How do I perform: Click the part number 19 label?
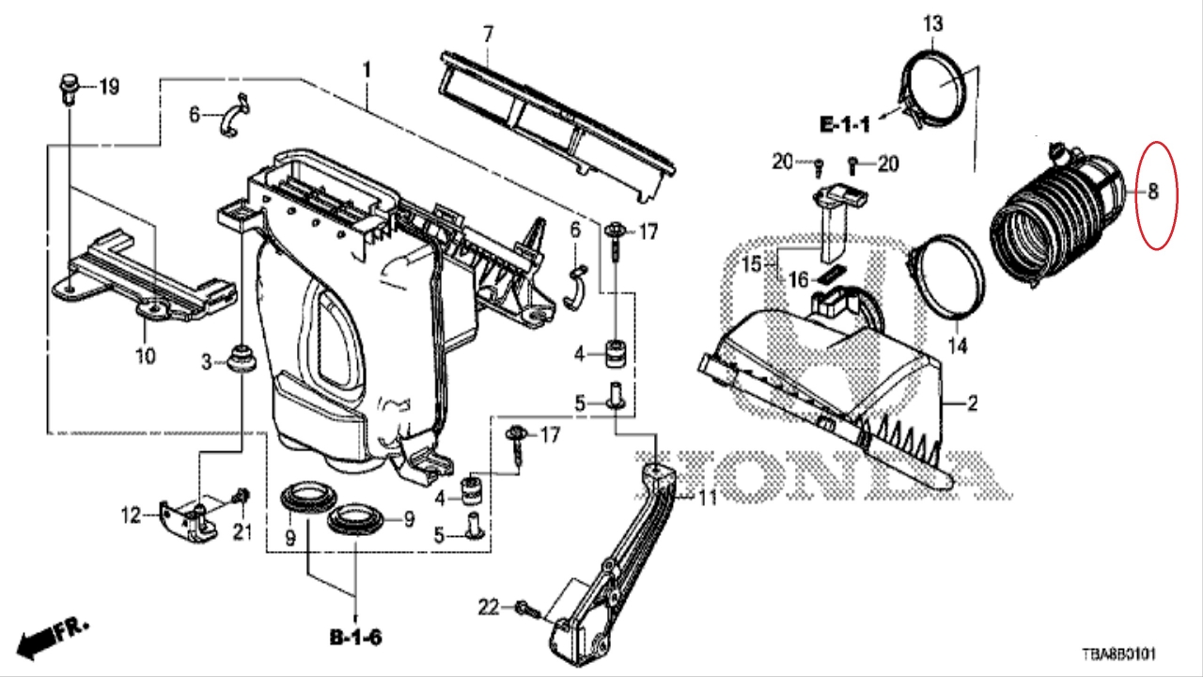click(110, 87)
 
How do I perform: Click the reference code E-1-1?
click(845, 125)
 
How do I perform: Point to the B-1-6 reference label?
click(356, 638)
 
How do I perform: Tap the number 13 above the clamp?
click(933, 24)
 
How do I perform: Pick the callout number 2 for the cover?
click(972, 402)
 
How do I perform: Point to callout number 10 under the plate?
click(145, 355)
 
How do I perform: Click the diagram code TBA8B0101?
click(1118, 654)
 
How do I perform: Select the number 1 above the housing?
click(367, 71)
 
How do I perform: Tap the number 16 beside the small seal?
click(799, 279)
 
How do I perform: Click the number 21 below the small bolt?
click(242, 532)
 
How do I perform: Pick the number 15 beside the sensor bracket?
click(752, 264)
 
